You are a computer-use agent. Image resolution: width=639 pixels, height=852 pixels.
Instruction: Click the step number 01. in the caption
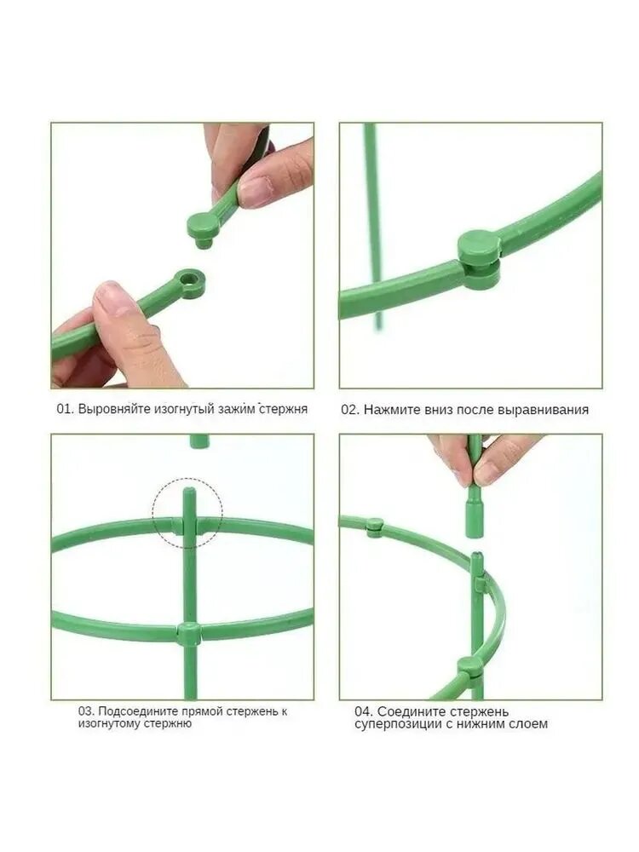click(x=66, y=409)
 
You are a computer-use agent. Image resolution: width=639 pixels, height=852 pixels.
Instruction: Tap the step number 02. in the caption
click(x=350, y=410)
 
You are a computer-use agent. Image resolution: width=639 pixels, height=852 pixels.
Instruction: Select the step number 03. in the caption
click(x=87, y=711)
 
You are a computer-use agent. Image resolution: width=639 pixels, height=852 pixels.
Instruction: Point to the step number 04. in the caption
click(x=364, y=711)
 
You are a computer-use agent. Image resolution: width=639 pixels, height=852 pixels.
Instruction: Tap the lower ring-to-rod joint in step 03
click(x=188, y=634)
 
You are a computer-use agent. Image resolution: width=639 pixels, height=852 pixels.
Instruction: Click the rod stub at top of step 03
click(x=199, y=441)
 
